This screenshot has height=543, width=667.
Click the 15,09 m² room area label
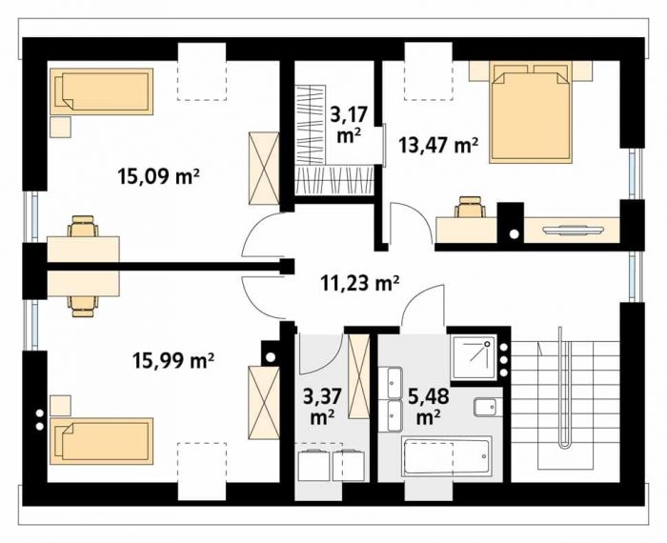[x=159, y=176]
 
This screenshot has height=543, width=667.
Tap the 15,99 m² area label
[x=172, y=361]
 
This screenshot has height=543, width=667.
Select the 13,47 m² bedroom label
[x=438, y=145]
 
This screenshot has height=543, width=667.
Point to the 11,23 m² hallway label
[x=359, y=283]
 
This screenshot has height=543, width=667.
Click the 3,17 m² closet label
[x=349, y=125]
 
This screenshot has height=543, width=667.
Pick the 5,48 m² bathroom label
[x=428, y=407]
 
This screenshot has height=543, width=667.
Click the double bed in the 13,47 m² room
[x=530, y=112]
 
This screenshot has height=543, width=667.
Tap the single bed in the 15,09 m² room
[x=101, y=91]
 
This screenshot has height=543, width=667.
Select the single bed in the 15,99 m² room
[x=101, y=441]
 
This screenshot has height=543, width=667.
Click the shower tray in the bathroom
[x=475, y=357]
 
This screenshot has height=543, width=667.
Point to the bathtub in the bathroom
[x=447, y=457]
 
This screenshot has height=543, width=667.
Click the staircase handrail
[x=564, y=388]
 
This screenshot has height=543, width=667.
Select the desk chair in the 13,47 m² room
[x=470, y=207]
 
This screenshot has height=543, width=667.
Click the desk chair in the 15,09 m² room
[x=83, y=226]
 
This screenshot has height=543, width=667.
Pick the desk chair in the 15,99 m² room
[x=83, y=306]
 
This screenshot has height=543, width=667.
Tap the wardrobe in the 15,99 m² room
[x=264, y=402]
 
